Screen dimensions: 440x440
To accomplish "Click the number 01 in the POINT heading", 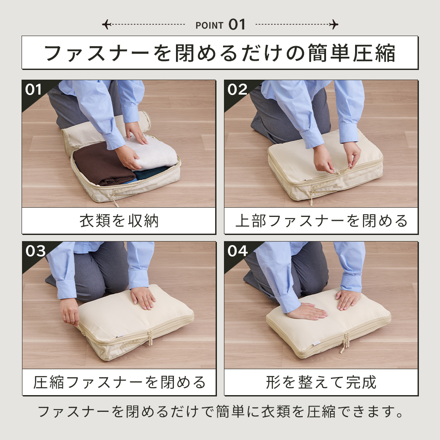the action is [237, 24].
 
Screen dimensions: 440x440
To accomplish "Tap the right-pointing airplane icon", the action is [334, 24].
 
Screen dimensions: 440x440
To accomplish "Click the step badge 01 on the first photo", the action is [33, 90].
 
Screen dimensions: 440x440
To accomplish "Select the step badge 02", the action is [238, 90].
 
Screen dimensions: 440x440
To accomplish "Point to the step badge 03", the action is [35, 251].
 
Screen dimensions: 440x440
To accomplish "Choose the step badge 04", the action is [238, 251].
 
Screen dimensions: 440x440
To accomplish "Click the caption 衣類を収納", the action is [119, 221].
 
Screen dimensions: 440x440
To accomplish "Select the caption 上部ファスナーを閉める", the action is [321, 221].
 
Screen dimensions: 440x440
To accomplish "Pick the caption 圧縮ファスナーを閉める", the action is [119, 382].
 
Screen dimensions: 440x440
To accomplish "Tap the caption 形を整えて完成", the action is [321, 382].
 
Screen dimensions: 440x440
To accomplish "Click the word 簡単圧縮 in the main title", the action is [352, 53].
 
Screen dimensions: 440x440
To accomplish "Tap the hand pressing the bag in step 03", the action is [143, 298].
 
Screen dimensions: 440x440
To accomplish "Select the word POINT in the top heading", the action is [209, 26].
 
